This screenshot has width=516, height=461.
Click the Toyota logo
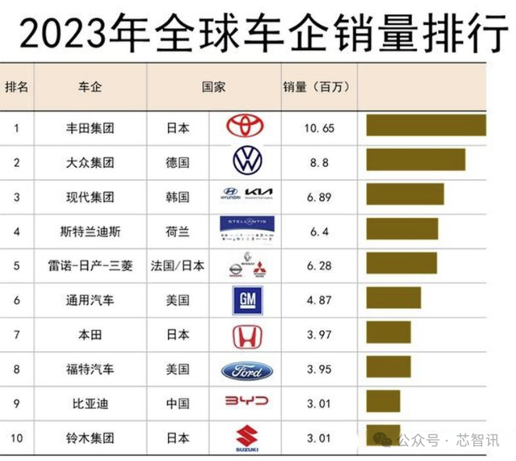(247, 127)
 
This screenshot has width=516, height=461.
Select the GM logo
(247, 299)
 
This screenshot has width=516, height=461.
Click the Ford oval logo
(247, 370)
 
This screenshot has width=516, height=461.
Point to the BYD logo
(247, 402)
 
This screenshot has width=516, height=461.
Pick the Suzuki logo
(247, 438)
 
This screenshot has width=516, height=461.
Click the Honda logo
(247, 335)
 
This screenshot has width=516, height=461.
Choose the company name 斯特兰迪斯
(91, 232)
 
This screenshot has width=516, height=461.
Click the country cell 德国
(178, 163)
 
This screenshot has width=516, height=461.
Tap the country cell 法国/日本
(178, 266)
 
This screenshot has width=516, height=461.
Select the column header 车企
(91, 87)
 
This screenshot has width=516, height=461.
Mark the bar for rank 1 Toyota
(426, 126)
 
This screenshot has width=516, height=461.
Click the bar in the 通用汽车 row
(394, 297)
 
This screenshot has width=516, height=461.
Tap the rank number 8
(16, 369)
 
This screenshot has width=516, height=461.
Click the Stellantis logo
(247, 230)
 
